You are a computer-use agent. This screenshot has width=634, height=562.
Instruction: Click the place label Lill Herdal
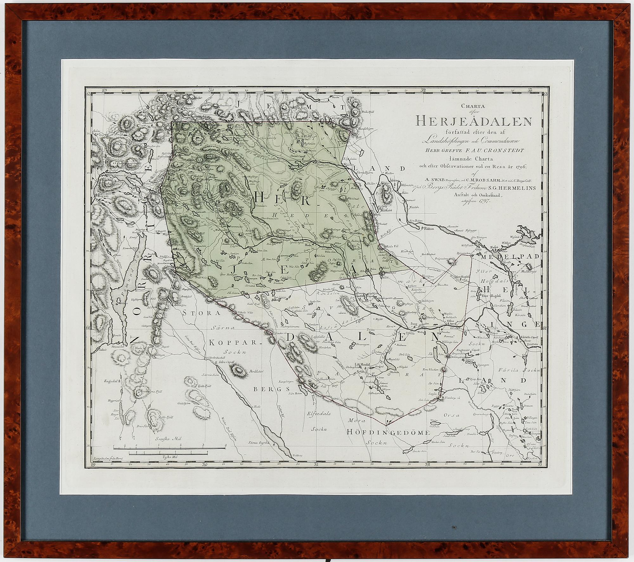(x=362, y=365)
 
